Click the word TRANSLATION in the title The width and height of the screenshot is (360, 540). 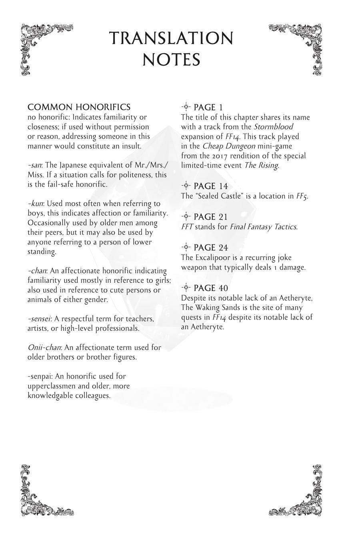tap(171, 39)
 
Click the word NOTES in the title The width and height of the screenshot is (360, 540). tap(171, 60)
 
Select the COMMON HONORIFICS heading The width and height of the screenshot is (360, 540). tap(79, 107)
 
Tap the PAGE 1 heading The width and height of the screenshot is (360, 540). tap(208, 108)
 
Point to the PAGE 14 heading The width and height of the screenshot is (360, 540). tap(210, 186)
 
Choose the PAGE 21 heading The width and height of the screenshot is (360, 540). tap(210, 217)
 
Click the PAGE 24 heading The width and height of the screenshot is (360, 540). tap(210, 248)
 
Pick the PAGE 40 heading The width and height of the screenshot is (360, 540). tap(210, 288)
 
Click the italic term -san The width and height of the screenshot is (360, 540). tap(35, 165)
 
